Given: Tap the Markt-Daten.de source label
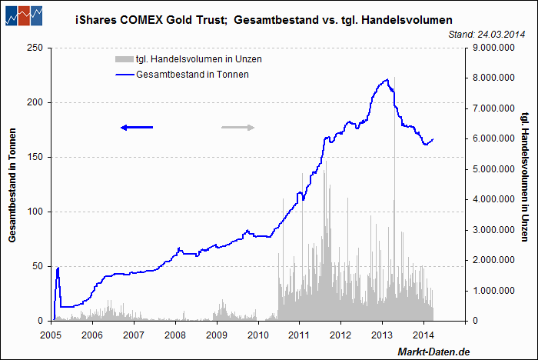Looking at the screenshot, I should tap(433, 351).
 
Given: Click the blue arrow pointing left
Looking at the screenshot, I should tap(137, 127).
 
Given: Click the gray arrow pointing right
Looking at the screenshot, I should tap(237, 127).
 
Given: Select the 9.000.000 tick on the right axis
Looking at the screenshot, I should tap(493, 48).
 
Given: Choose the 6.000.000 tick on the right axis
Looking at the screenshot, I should tap(493, 138).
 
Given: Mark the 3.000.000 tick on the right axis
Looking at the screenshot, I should tap(493, 230).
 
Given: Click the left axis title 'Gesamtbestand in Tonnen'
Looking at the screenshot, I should tap(13, 184).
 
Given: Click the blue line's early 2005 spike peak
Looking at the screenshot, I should tap(58, 268).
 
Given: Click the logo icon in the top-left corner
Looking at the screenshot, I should tap(24, 15).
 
